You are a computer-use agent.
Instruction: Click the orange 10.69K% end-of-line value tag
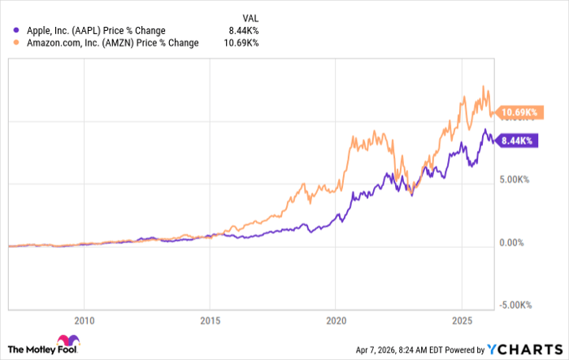(x=517, y=111)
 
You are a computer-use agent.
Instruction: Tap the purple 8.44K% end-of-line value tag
(x=515, y=140)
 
